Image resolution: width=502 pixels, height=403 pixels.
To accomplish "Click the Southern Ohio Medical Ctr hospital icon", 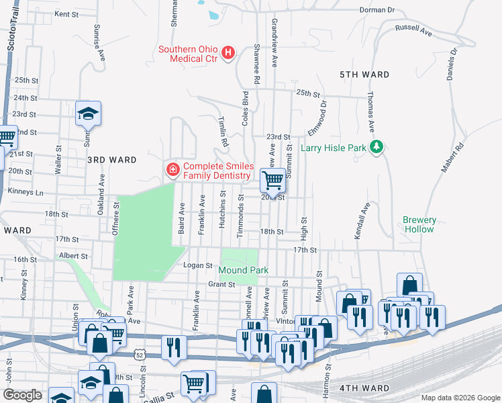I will pos(228,52).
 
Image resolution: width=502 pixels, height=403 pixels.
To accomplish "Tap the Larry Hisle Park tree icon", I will pos(376,147).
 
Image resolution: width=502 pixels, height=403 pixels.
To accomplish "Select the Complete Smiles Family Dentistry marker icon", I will pos(172,169).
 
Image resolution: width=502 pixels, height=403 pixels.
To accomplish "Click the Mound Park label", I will pos(243,270).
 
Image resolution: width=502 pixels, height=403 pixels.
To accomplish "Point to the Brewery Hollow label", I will pos(419,224).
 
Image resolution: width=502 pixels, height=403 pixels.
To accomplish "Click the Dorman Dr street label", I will pos(378,10).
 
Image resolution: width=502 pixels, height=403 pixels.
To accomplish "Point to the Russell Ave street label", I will pos(413,30).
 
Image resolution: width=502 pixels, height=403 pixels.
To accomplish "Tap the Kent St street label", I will pos(66,13).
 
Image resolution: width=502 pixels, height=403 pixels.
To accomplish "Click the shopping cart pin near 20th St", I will pos(272,180).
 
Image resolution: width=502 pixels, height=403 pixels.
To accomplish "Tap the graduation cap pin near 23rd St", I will pos(87,114).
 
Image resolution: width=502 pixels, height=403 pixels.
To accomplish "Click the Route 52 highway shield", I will pos(139,353).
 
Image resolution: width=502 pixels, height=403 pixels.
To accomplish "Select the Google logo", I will pos(23,395).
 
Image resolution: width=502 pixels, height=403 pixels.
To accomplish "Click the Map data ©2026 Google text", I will pos(460,398).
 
